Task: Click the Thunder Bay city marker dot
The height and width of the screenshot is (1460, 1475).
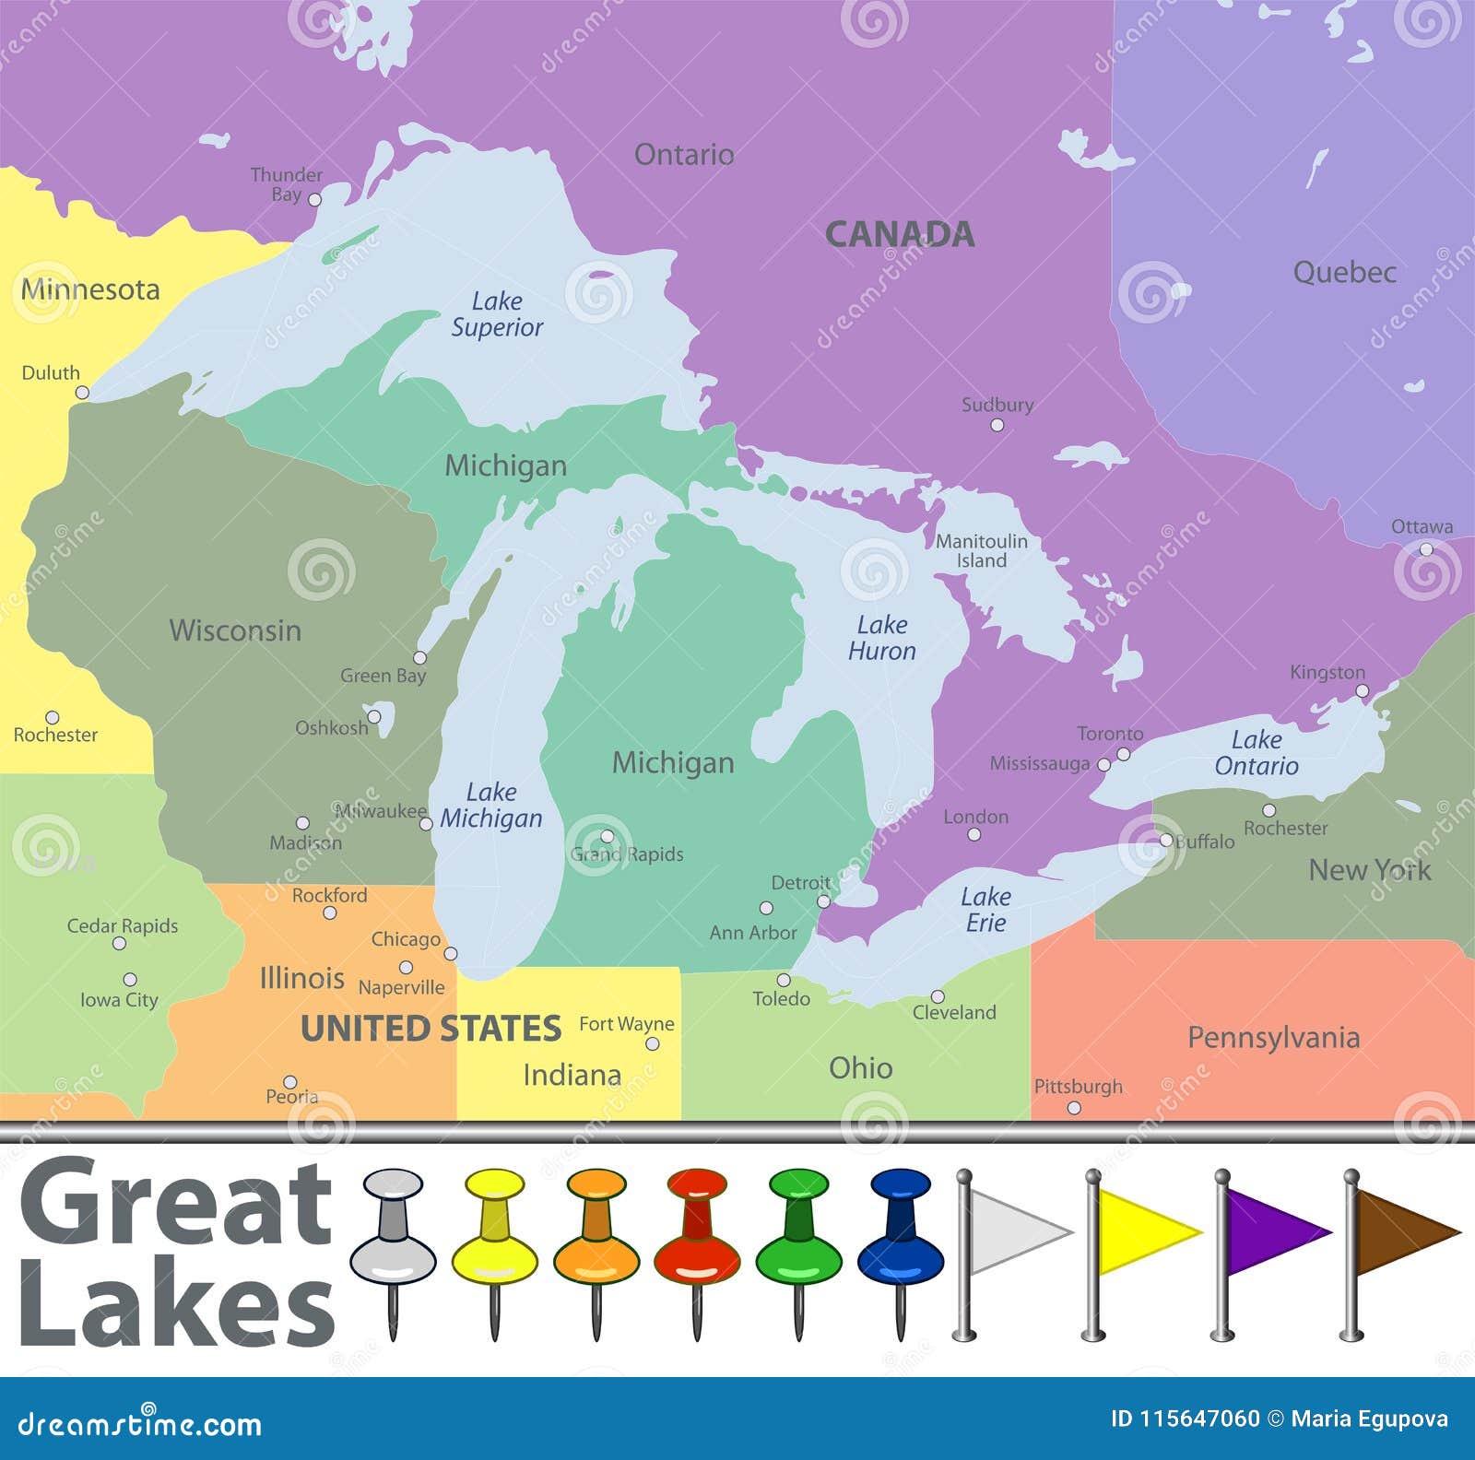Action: coord(314,199)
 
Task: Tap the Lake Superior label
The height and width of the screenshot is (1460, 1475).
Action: coord(497,314)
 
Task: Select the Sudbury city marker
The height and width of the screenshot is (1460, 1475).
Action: coord(997,425)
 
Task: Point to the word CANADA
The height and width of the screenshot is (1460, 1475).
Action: coord(899,234)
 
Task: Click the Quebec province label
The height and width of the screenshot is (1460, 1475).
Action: coord(1344,273)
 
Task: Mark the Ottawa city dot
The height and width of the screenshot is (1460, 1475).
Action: coord(1426,549)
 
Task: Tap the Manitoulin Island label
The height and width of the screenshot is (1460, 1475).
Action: coord(981,551)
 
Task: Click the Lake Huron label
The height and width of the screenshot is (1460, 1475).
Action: coord(882,638)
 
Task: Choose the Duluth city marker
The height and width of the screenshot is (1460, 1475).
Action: coord(82,393)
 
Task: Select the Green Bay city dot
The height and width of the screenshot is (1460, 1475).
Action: coord(419,657)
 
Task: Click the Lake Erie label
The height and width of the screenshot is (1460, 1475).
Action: coord(985,910)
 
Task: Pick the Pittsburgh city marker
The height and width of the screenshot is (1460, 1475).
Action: coord(1074,1108)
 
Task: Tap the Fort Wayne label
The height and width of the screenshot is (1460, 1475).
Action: coord(626,1024)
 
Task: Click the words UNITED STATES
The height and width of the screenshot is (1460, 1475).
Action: coord(431,1029)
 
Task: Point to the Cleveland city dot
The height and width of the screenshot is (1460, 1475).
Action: coord(938,996)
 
